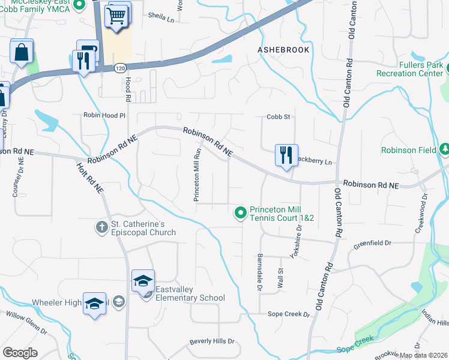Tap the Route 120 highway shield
tap(121, 68)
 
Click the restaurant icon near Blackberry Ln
tap(286, 155)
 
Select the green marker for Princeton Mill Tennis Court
tap(241, 212)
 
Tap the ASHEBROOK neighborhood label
tap(282, 49)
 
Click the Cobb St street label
tap(279, 117)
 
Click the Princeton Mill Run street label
tap(196, 173)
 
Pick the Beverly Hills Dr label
tap(212, 341)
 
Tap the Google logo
tap(20, 353)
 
